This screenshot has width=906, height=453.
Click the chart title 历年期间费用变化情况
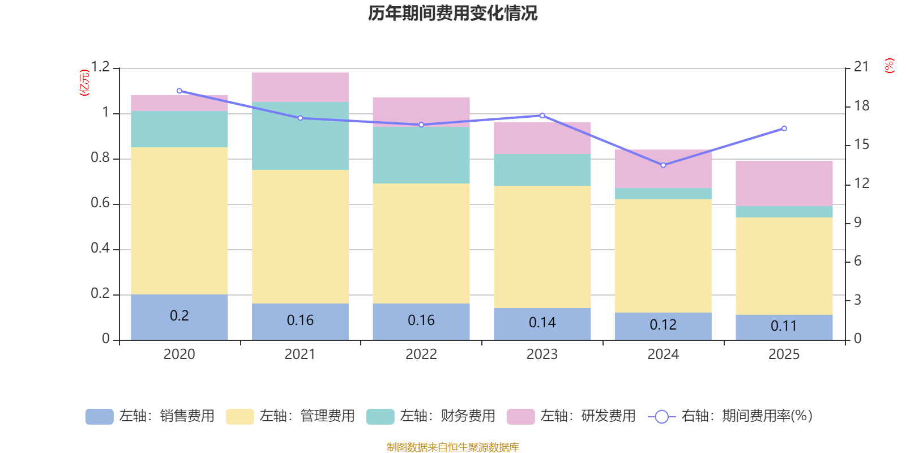[x=452, y=13]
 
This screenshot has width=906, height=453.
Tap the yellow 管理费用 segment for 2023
[x=542, y=247]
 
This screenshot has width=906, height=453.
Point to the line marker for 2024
[x=663, y=165]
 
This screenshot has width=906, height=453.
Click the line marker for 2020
[x=179, y=91]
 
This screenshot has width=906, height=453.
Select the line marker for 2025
[x=784, y=129]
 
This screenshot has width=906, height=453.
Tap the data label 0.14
[x=542, y=322]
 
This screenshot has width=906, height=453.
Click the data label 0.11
[x=784, y=326]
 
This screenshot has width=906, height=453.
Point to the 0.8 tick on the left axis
[x=100, y=158]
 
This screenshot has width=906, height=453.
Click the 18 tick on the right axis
[x=862, y=106]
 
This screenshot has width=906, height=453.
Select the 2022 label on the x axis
[x=421, y=354]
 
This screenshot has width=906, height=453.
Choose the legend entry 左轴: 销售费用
[x=150, y=416]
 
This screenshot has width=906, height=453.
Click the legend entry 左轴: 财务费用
[x=431, y=416]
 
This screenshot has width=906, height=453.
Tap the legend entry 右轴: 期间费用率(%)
[x=730, y=416]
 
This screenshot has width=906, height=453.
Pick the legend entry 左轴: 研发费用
[x=571, y=416]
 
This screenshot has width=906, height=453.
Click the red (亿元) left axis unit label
[x=84, y=83]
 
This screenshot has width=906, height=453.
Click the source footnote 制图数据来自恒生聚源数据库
[x=452, y=447]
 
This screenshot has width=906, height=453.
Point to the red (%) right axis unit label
[x=889, y=66]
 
